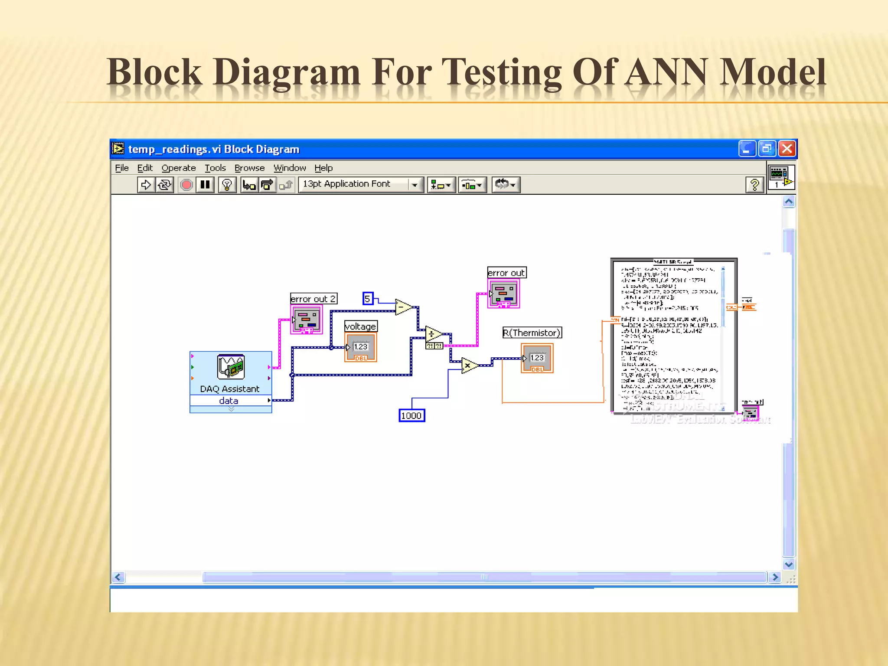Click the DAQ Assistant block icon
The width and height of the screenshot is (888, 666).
coord(231,367)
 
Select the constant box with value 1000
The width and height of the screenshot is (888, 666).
coord(411,415)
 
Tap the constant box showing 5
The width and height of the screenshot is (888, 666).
coord(368,298)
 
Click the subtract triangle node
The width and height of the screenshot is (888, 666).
coord(404,307)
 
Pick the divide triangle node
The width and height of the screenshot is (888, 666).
coord(433,334)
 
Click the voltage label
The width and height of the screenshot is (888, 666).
coord(361,326)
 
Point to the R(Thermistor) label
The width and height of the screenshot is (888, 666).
coord(532,333)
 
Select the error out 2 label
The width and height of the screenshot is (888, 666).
coord(313,299)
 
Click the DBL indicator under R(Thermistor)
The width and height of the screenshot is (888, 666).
coord(537,358)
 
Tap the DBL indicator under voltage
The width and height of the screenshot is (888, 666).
coord(361,347)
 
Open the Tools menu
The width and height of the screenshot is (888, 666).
coord(215,168)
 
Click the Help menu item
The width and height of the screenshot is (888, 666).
coord(323,168)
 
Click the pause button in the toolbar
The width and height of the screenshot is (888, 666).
coord(205,185)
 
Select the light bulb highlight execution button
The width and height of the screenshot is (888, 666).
coord(227,185)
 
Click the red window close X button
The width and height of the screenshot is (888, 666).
coord(787,149)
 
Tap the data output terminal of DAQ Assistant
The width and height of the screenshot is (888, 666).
coord(269,400)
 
